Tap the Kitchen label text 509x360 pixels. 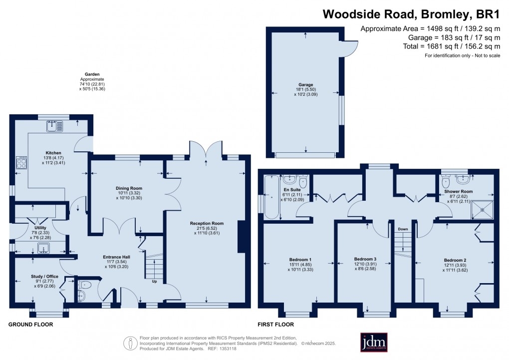(x=53, y=152)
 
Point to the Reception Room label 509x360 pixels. (x=207, y=223)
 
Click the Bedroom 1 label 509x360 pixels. (x=300, y=260)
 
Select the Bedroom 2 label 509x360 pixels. (x=455, y=260)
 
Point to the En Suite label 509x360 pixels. (x=292, y=190)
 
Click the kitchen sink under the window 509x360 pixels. (x=53, y=127)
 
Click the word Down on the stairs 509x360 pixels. (x=403, y=230)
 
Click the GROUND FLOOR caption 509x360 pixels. (x=30, y=325)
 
